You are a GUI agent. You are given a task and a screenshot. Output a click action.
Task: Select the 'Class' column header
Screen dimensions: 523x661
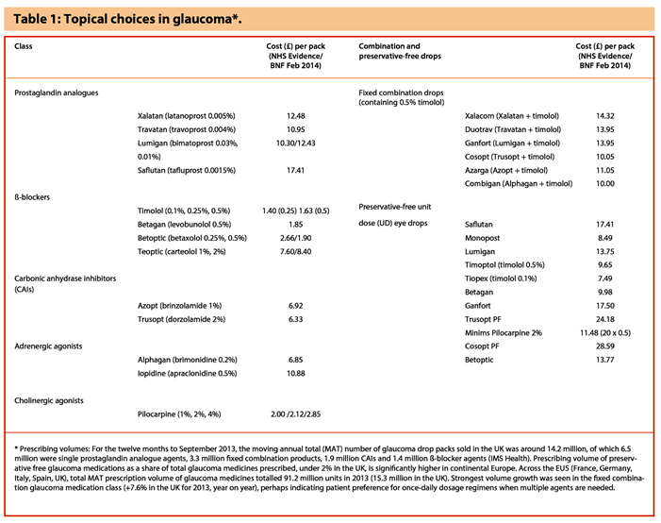25,46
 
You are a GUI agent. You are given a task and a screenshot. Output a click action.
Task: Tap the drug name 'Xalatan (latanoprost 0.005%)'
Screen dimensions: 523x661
186,115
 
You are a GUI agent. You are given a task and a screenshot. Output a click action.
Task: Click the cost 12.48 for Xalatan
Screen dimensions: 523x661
295,115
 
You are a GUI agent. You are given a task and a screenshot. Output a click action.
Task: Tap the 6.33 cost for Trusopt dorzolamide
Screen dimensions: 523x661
295,321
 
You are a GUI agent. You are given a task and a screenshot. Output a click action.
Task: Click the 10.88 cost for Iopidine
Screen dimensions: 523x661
295,374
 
